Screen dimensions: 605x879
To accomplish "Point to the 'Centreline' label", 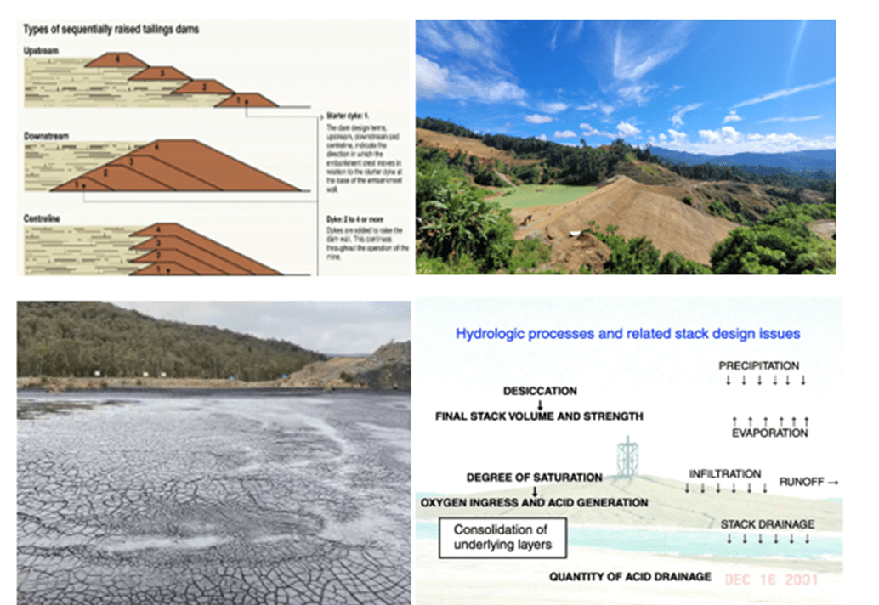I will tap(43, 218).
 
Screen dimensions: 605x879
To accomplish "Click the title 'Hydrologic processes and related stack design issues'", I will tap(628, 333).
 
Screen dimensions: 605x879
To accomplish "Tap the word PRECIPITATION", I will tap(759, 366).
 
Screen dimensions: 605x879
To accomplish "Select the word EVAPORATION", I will tap(769, 433).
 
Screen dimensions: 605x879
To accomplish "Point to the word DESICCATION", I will tap(540, 392).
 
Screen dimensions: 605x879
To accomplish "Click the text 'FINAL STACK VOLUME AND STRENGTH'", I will tap(539, 416).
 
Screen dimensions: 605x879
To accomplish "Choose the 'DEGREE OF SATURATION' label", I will tap(534, 478).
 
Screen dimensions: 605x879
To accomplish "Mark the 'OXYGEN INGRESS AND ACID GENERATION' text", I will tap(534, 502).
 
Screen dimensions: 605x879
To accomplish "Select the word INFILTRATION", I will tap(725, 473).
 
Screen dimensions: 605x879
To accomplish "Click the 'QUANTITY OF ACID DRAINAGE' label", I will tap(630, 576).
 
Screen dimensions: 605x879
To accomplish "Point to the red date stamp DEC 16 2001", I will tap(772, 580).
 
